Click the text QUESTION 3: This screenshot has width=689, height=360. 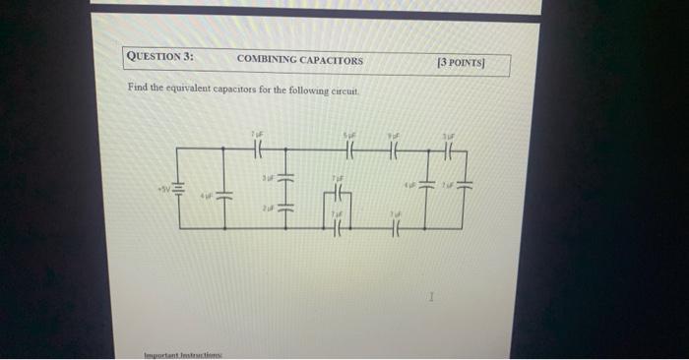(x=160, y=57)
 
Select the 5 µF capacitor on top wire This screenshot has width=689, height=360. (x=349, y=150)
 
